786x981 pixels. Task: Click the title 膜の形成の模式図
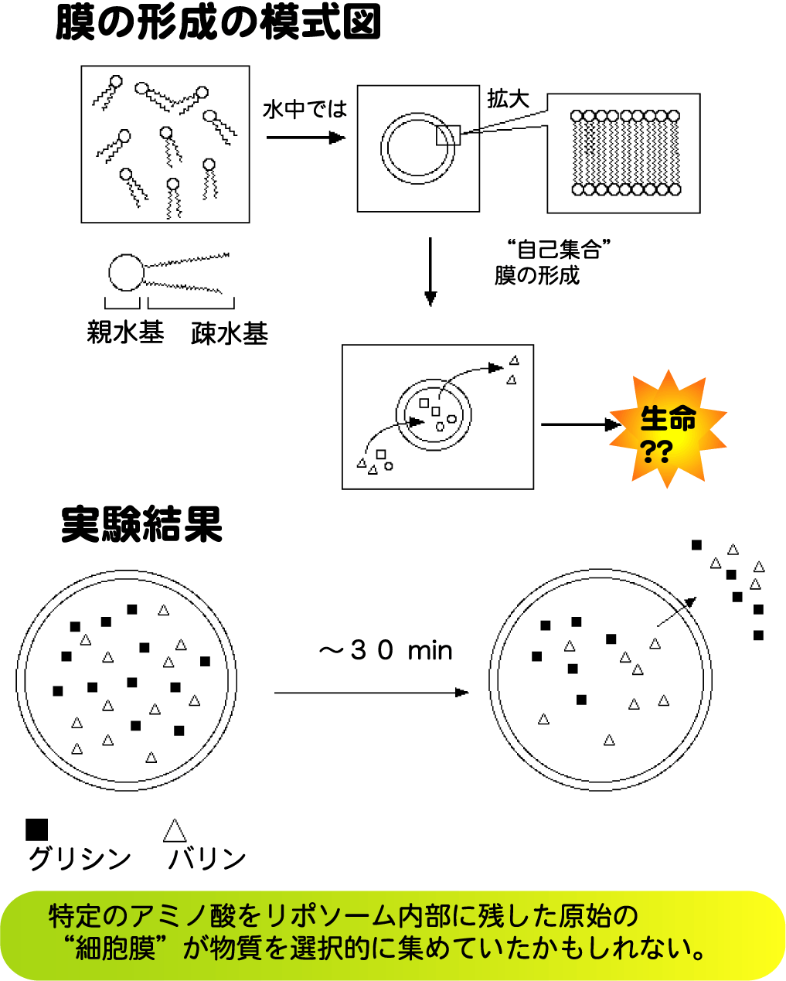219,23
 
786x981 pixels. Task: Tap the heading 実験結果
141,525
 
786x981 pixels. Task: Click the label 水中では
305,110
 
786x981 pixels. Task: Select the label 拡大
508,99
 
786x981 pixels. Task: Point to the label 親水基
125,333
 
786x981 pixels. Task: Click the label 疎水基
229,333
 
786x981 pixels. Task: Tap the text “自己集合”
559,250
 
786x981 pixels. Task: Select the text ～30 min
385,651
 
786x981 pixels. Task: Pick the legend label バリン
206,858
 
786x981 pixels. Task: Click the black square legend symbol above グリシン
36,829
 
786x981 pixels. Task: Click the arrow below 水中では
305,138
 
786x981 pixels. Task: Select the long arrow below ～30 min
372,692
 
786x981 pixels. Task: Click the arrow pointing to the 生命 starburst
580,424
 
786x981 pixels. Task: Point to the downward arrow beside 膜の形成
430,271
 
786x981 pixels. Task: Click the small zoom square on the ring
447,135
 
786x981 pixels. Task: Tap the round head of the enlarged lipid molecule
126,272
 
